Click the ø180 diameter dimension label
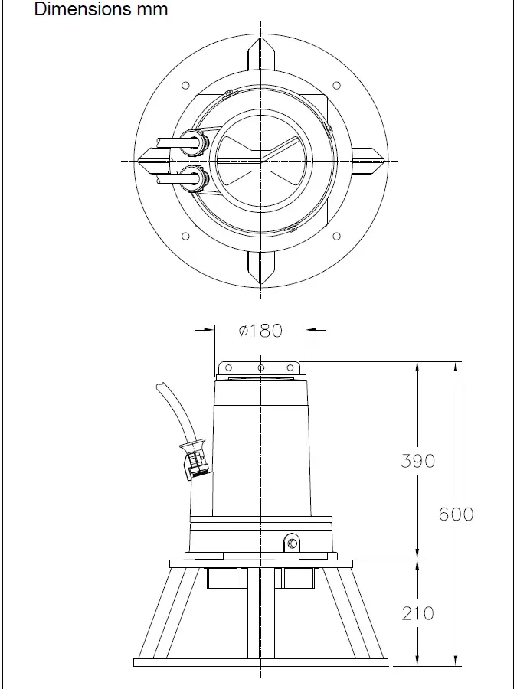point(260,331)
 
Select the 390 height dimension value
point(417,460)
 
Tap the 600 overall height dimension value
point(456,514)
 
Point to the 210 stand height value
point(417,612)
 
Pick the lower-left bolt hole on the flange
point(185,236)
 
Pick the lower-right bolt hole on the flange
point(335,236)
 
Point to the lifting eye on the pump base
point(292,543)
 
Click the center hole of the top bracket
point(261,368)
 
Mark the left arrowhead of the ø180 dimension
point(211,331)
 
